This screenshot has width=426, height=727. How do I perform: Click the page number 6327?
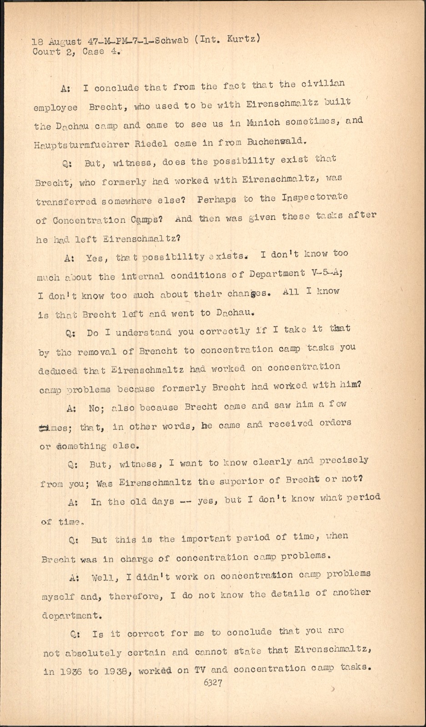pos(213,682)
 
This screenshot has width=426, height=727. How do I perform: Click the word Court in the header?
pos(46,51)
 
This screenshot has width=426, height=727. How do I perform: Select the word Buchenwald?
pos(275,141)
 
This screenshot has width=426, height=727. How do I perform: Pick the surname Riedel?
pos(152,144)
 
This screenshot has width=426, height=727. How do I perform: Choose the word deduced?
pos(58,371)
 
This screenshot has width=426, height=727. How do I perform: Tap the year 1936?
pos(68,672)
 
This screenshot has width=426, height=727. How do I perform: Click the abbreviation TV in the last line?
pos(200,669)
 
